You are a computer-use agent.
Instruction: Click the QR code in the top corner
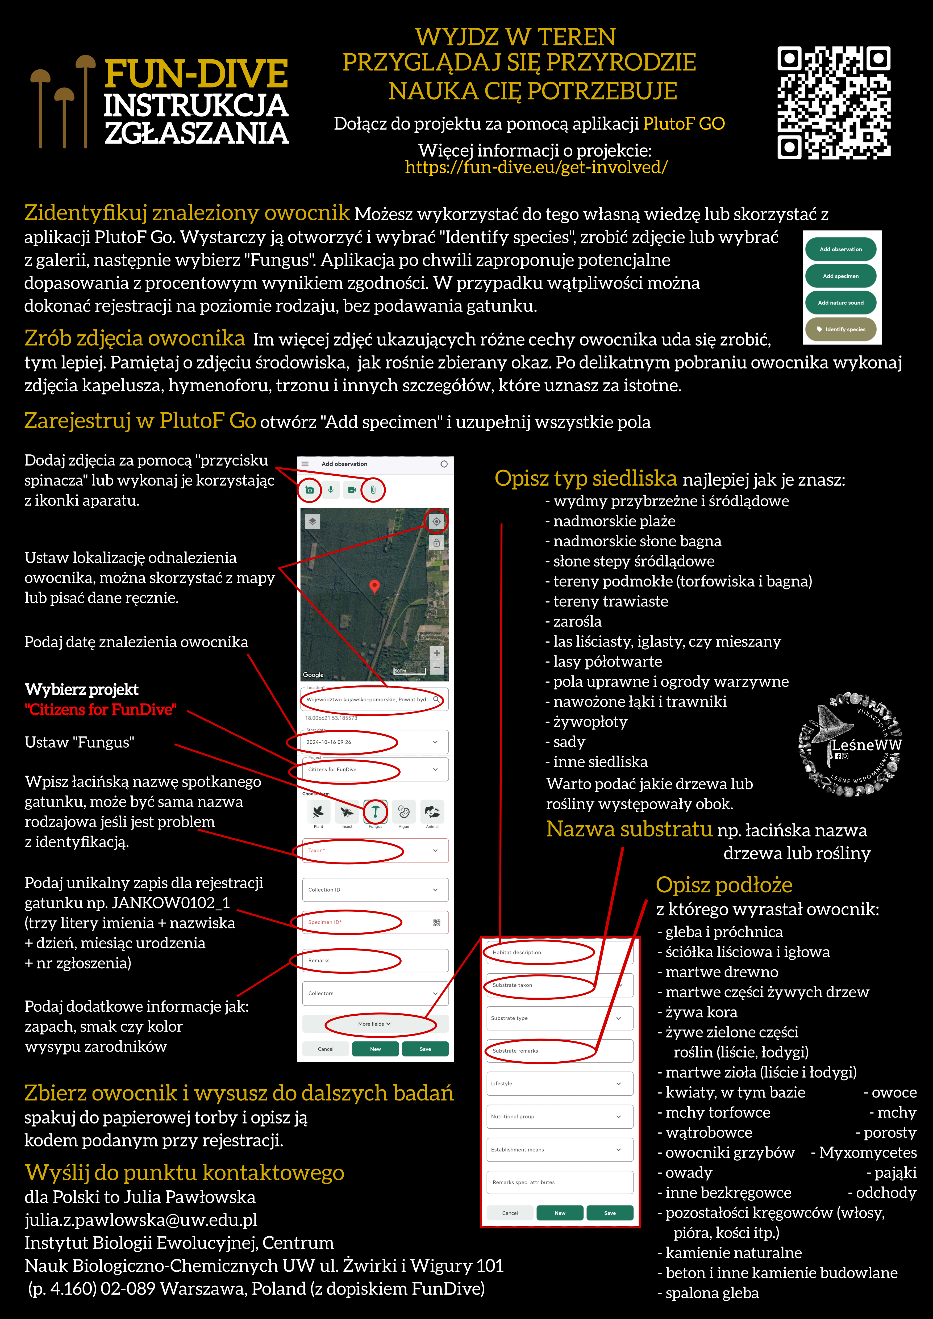(834, 102)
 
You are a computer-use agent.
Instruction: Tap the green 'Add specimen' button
(840, 276)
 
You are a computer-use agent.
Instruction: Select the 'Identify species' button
(840, 329)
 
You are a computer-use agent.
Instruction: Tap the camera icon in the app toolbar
(310, 490)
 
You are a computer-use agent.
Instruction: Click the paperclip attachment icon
(373, 490)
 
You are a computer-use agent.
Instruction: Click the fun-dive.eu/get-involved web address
(536, 167)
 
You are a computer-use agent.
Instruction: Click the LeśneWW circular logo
(850, 745)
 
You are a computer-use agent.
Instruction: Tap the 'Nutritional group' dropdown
(559, 1116)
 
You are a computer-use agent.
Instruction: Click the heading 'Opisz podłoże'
(724, 885)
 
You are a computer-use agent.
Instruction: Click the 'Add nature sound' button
(840, 303)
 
